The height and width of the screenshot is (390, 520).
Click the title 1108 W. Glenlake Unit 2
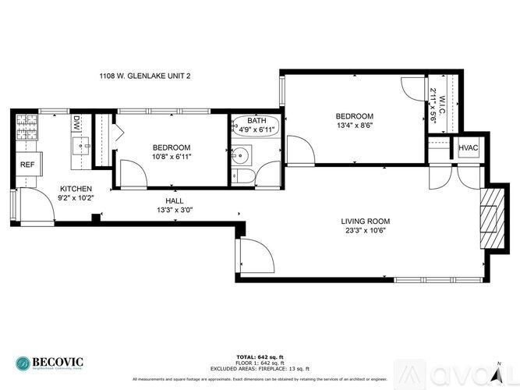tap(144, 76)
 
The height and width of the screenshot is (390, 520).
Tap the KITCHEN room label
tap(76, 190)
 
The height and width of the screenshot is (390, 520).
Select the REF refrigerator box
tap(27, 165)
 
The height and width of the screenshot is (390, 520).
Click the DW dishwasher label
tap(77, 122)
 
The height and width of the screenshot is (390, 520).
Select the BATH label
tap(256, 121)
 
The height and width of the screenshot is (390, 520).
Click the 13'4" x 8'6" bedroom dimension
tap(355, 126)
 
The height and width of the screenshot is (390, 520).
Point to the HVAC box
tap(469, 148)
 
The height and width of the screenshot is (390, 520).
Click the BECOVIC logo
tap(48, 363)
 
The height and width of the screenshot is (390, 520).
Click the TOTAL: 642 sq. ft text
tap(260, 356)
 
